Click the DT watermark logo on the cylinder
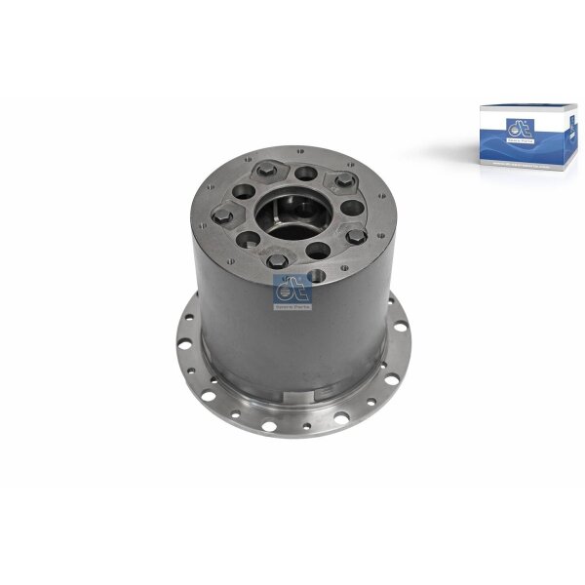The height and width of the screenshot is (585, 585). click(292, 288)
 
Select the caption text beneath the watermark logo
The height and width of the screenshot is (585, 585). click(292, 306)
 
